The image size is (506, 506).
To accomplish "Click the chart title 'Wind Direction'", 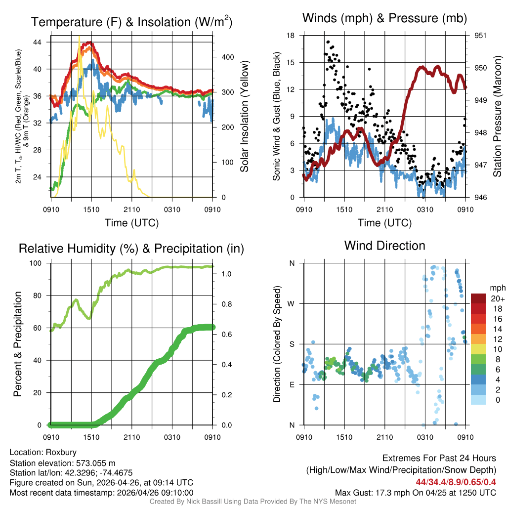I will pyautogui.click(x=384, y=246).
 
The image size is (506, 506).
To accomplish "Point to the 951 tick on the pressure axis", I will pyautogui.click(x=480, y=36).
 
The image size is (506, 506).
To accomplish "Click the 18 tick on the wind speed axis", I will pyautogui.click(x=291, y=36).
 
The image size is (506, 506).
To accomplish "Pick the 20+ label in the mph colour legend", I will pyautogui.click(x=497, y=298).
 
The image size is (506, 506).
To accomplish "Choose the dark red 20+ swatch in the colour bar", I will pyautogui.click(x=478, y=298).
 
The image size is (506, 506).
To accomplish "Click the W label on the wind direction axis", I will pyautogui.click(x=292, y=304).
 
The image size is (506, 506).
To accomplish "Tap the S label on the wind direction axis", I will pyautogui.click(x=292, y=344).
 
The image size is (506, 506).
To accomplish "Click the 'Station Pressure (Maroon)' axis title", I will pyautogui.click(x=498, y=117).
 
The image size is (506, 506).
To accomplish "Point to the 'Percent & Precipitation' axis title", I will pyautogui.click(x=18, y=344).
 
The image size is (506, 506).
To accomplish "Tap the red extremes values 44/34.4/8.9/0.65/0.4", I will pyautogui.click(x=456, y=482).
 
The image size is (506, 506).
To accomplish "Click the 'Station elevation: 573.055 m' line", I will pyautogui.click(x=62, y=463).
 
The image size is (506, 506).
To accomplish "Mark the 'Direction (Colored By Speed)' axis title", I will pyautogui.click(x=277, y=344).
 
